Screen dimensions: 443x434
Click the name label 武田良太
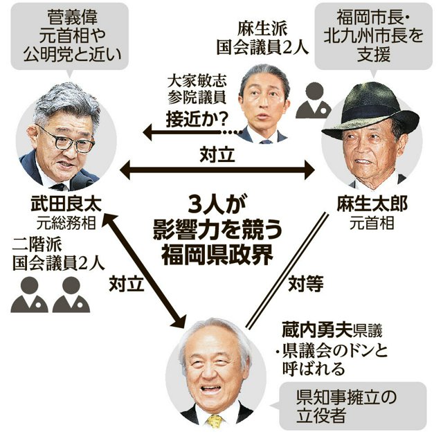point(66,204)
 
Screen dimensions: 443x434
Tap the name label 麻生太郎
point(372,204)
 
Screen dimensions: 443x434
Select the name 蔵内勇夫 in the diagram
point(317,330)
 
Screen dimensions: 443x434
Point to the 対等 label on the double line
point(306,284)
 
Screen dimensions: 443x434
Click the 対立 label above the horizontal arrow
point(217,154)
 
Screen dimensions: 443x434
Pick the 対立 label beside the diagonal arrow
point(127,284)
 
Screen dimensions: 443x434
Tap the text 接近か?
point(197,120)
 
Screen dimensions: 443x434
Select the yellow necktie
point(215,422)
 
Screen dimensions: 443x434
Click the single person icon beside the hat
point(314,100)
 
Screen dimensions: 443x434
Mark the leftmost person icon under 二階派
point(29,295)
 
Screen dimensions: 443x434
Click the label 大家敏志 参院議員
point(197,89)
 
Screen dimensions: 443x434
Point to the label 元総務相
point(66,223)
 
